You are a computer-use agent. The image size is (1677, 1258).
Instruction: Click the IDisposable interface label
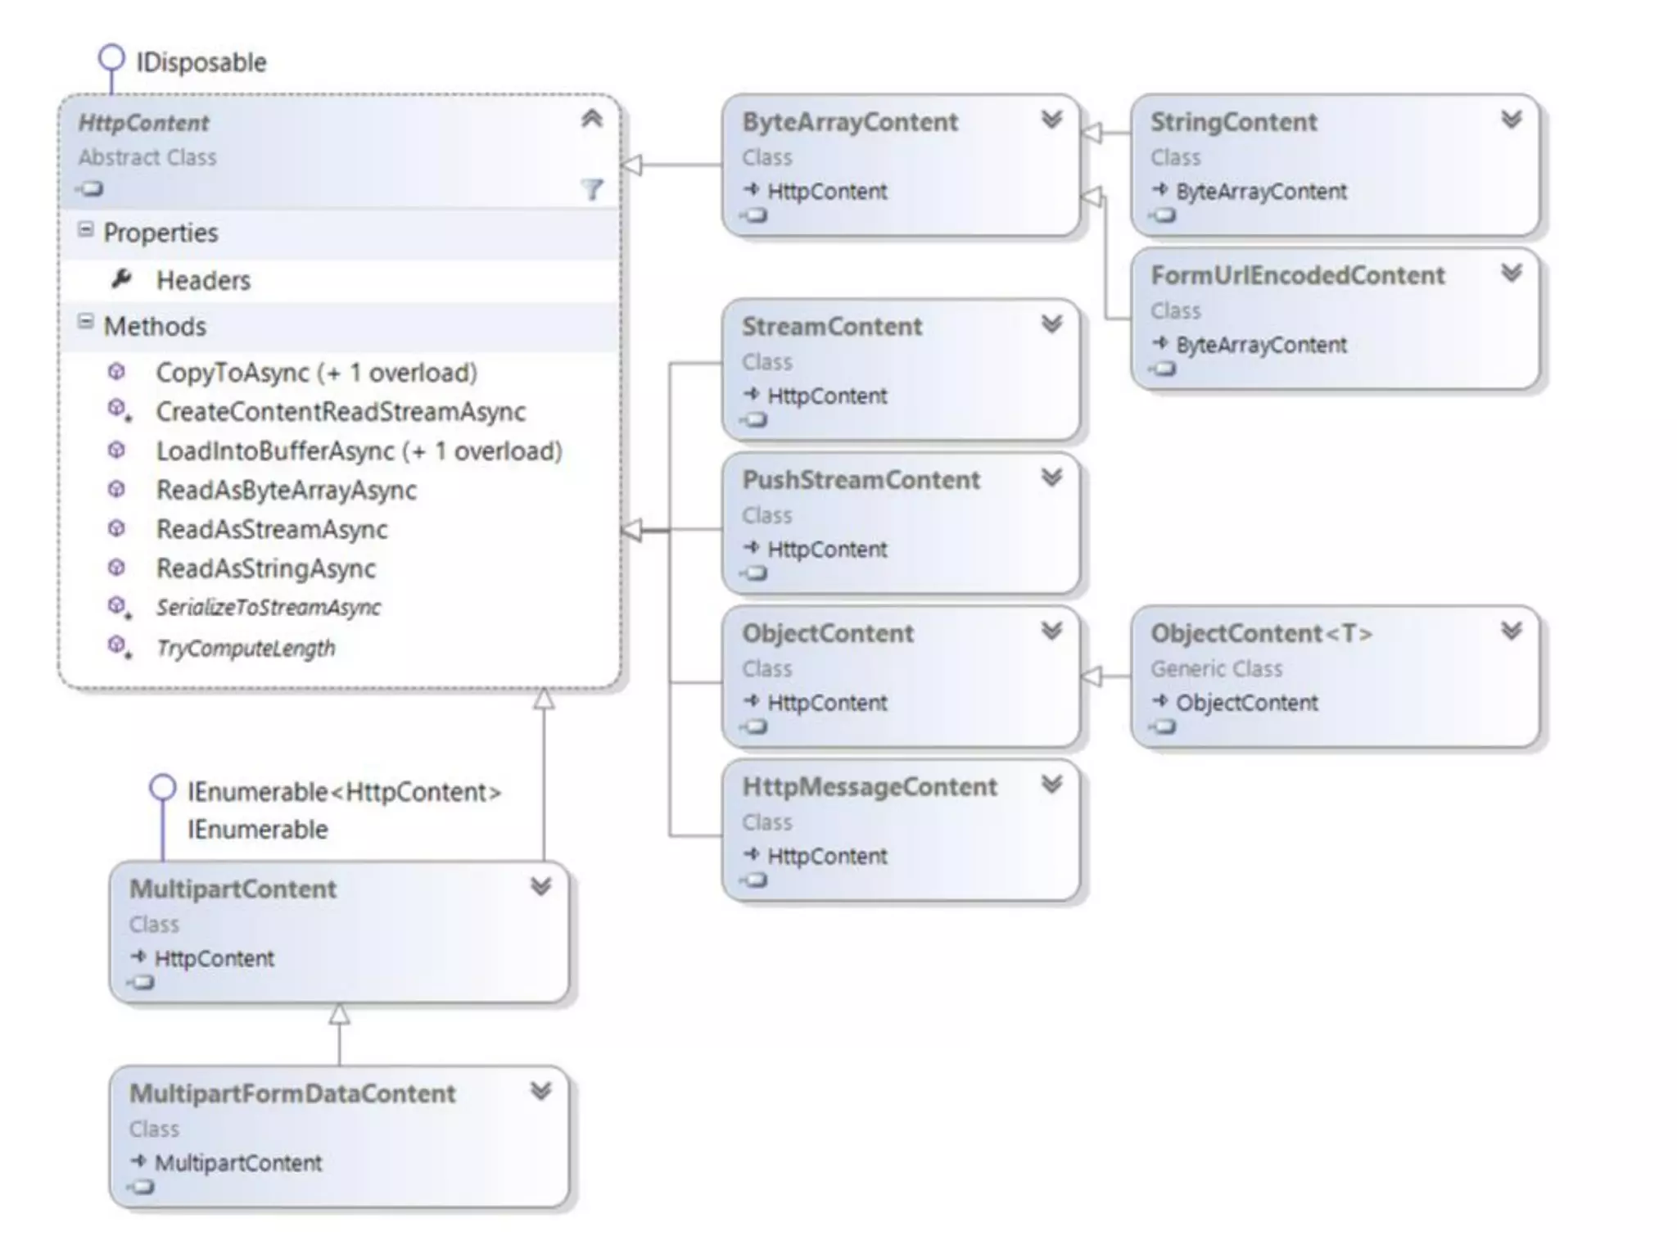(201, 62)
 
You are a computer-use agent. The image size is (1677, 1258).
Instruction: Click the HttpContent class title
(143, 123)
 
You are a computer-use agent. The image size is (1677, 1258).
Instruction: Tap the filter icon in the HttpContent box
(592, 190)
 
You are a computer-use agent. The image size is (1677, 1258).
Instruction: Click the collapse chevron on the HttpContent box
(592, 119)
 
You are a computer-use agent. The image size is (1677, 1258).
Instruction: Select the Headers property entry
(203, 281)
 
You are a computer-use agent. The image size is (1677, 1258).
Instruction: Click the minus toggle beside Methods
(85, 322)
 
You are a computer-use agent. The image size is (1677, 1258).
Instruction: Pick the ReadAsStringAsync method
(266, 568)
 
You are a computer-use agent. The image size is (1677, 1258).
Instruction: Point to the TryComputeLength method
(246, 648)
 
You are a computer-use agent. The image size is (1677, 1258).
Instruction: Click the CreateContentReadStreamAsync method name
(341, 412)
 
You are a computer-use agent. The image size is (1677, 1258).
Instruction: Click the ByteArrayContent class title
(849, 122)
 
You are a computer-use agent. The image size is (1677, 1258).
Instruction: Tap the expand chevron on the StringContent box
(1511, 120)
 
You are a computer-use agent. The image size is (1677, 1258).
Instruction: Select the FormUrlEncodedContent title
(1297, 275)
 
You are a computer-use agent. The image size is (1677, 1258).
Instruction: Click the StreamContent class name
(831, 327)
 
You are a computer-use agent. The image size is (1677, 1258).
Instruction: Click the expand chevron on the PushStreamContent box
(1051, 477)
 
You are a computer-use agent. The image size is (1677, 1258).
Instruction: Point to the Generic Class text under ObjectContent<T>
(1216, 669)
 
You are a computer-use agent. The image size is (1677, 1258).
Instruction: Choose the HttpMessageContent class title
(869, 787)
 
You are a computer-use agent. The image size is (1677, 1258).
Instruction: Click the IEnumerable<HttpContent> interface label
(344, 792)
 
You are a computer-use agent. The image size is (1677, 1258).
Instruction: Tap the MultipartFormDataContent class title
(292, 1093)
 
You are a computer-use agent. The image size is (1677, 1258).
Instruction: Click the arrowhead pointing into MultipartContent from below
(339, 1015)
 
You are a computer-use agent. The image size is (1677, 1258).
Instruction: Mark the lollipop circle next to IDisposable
(111, 58)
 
